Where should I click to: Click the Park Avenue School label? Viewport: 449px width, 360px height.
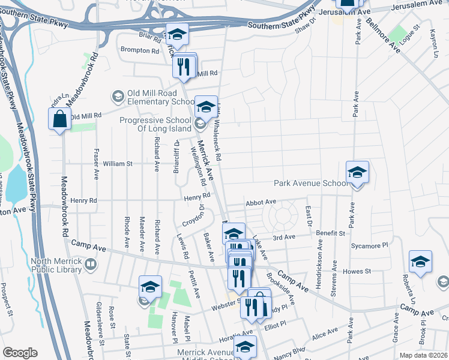click(310, 183)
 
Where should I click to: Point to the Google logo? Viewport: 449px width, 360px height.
click(20, 353)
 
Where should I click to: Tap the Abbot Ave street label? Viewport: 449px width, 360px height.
click(261, 203)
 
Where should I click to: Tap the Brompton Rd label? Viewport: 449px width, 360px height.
click(139, 51)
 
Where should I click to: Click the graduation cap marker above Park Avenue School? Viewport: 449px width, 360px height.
click(357, 173)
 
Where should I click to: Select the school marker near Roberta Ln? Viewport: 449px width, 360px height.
click(420, 262)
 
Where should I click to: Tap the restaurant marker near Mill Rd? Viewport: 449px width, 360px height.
click(184, 66)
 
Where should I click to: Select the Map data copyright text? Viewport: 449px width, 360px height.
click(423, 355)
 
